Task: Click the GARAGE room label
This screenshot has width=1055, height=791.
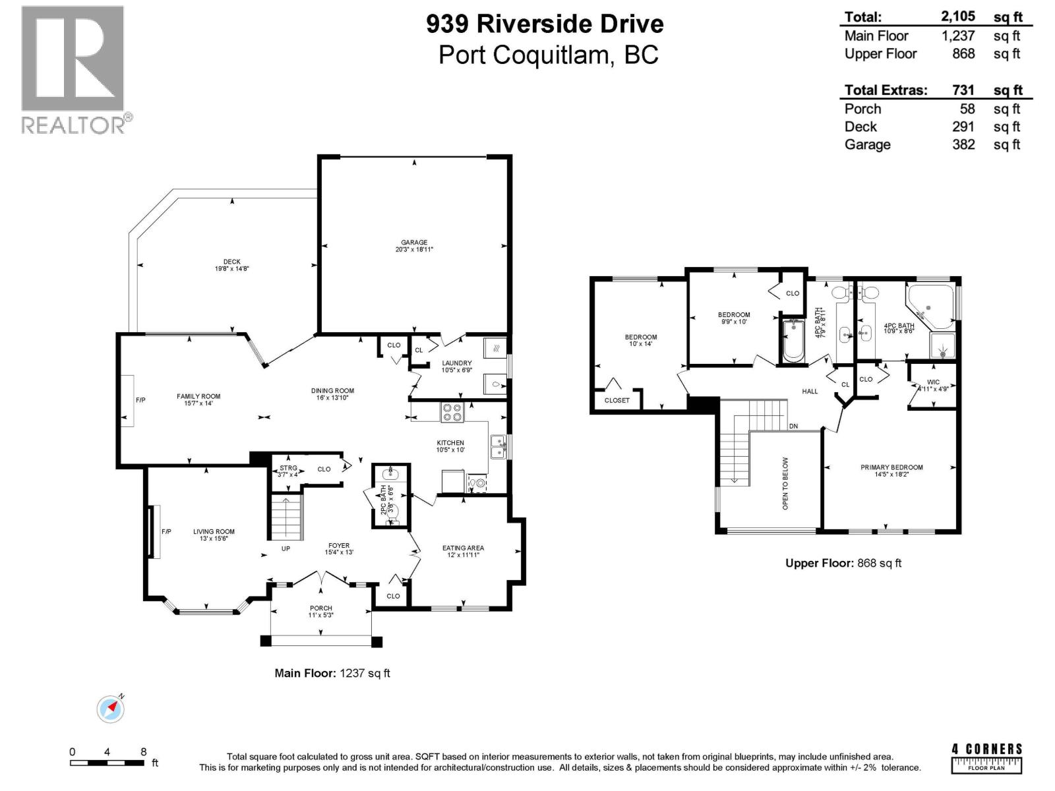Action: (x=414, y=243)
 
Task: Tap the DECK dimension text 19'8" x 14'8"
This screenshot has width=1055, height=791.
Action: (x=231, y=269)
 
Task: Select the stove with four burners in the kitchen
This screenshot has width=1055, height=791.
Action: (x=452, y=412)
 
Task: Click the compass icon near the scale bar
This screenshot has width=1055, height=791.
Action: (x=110, y=709)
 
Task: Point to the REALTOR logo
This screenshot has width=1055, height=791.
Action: (x=74, y=69)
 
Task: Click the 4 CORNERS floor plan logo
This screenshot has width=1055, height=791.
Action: (x=986, y=757)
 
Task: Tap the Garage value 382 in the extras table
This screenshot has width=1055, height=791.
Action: (x=963, y=144)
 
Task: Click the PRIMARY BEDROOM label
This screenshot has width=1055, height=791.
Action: (x=891, y=467)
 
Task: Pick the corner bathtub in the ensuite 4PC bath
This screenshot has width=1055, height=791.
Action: (x=930, y=305)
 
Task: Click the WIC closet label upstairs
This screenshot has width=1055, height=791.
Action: (x=933, y=382)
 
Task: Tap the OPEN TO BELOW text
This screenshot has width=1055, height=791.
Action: (x=785, y=483)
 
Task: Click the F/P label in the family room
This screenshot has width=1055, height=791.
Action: (x=141, y=399)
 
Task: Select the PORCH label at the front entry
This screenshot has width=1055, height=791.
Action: (x=321, y=608)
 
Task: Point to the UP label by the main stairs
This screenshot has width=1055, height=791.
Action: (x=286, y=548)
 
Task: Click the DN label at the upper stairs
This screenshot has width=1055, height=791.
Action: (x=793, y=426)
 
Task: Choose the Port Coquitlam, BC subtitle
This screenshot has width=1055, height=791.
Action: (x=548, y=55)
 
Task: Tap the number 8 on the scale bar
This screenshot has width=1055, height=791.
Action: (x=143, y=752)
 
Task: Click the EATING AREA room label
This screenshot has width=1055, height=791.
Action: (x=463, y=548)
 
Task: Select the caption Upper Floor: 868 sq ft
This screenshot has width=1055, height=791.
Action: (x=843, y=563)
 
